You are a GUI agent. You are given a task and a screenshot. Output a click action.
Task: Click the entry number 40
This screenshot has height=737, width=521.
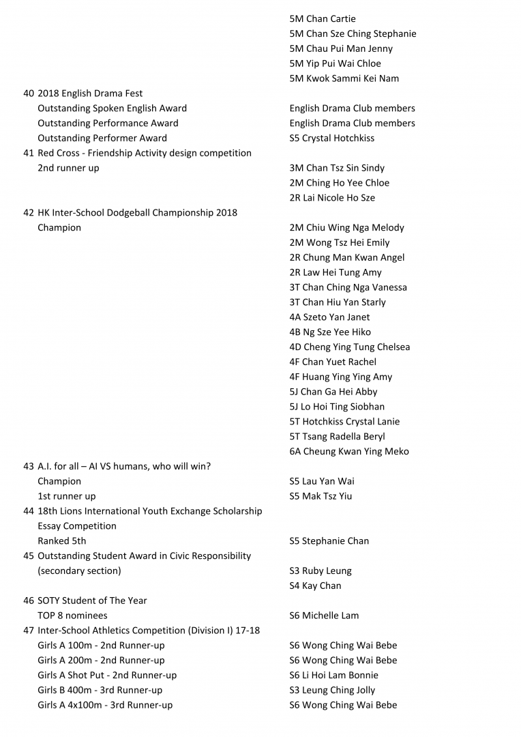click(29, 93)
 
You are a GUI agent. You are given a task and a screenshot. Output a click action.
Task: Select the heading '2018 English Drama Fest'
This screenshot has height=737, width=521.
click(90, 93)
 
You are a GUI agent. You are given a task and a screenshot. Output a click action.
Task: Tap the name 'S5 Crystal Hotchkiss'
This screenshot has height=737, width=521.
click(331, 138)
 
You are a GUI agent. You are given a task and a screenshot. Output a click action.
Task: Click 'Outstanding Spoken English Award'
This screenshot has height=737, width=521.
click(112, 109)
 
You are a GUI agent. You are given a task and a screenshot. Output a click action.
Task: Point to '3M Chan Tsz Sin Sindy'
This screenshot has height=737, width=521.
click(337, 168)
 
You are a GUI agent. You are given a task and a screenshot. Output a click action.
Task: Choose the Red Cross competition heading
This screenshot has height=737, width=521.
click(145, 153)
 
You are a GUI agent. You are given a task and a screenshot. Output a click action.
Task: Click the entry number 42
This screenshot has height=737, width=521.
click(29, 213)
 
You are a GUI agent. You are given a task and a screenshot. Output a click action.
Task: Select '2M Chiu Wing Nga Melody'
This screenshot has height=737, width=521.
click(346, 228)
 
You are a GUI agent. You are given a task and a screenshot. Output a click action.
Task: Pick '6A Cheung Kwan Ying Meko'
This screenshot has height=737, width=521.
click(349, 452)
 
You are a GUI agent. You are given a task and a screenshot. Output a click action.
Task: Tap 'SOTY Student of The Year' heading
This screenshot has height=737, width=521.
click(92, 601)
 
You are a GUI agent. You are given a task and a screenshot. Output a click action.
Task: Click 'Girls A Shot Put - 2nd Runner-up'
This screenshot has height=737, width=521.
click(107, 676)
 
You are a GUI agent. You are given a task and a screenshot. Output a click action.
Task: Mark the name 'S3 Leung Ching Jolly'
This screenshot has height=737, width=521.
click(332, 691)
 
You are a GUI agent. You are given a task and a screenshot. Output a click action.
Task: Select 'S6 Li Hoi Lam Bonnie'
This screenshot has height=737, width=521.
click(333, 676)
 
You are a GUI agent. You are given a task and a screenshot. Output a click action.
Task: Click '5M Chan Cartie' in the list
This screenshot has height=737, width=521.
click(323, 19)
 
